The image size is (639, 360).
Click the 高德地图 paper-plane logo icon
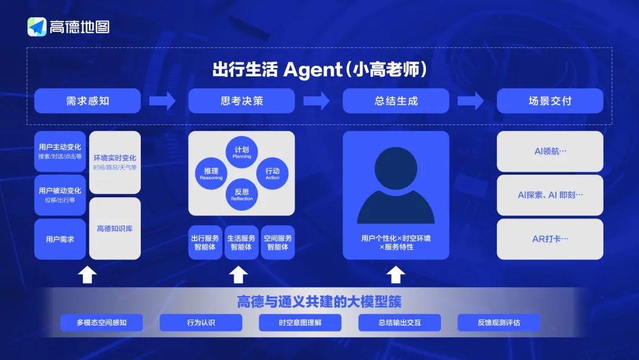(x=37, y=27)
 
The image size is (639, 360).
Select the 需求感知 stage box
(x=88, y=101)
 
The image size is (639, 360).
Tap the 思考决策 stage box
(x=241, y=101)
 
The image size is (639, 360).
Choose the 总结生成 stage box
(x=396, y=101)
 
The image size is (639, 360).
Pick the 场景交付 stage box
(x=550, y=101)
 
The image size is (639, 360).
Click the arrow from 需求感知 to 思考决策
(x=162, y=101)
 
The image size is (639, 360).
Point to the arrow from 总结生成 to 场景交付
(x=470, y=101)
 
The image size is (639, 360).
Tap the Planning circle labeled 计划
(x=241, y=152)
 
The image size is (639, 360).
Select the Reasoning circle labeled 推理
(x=211, y=173)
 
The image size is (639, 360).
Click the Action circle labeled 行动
(x=272, y=173)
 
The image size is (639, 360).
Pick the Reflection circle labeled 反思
(x=241, y=194)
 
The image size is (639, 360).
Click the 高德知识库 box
(x=115, y=229)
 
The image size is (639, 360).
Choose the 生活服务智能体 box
(x=241, y=243)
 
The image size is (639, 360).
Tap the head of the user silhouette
(x=396, y=168)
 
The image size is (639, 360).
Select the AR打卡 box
(x=550, y=239)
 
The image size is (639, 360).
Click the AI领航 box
(x=550, y=151)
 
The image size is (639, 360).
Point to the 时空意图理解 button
(x=301, y=323)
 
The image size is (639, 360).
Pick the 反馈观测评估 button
(x=499, y=323)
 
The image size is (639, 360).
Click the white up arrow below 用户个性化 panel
(x=396, y=275)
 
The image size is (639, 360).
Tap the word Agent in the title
(x=312, y=70)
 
